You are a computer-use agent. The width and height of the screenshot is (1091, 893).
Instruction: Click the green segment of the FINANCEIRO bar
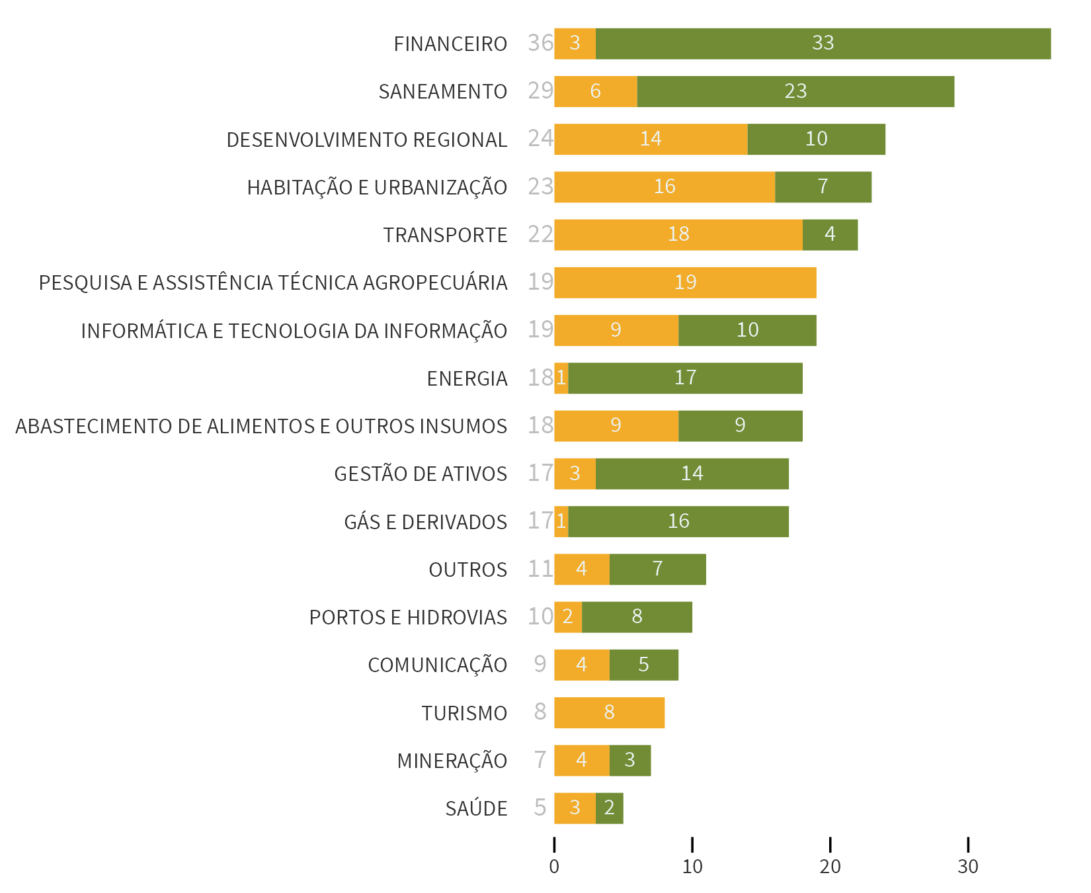point(823,44)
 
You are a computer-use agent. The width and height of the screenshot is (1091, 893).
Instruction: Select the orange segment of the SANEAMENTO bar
point(595,91)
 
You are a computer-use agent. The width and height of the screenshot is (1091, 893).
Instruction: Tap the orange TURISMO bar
point(609,713)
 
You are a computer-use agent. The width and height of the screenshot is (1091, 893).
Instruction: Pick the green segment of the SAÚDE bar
point(609,808)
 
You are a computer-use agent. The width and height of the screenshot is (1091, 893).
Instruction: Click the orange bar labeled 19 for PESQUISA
point(685,282)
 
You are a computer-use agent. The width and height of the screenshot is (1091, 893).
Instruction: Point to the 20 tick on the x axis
point(830,867)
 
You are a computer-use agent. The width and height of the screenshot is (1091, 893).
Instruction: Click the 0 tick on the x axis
point(554,867)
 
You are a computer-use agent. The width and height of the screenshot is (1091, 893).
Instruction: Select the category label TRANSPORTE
point(445,235)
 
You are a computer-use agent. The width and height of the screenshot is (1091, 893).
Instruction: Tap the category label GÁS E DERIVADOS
point(425,522)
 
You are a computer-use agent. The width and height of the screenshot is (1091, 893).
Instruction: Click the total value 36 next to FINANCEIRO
point(540,43)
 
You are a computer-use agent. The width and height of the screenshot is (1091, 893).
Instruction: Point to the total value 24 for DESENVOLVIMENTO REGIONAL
point(540,138)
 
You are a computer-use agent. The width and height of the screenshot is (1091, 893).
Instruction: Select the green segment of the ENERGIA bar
point(685,378)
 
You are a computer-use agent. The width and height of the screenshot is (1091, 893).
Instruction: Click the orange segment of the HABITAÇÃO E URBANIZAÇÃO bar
point(664,187)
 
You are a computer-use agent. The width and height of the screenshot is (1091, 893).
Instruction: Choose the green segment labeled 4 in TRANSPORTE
point(830,235)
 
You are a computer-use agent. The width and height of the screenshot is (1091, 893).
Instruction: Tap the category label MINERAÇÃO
point(452,761)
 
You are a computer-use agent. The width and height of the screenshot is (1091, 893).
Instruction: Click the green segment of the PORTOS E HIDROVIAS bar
point(637,617)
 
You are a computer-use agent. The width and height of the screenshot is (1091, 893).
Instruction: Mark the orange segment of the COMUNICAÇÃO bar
point(581,665)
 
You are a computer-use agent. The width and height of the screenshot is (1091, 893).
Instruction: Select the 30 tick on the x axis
point(968,867)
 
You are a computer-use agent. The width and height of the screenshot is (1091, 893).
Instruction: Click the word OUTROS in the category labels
point(467,570)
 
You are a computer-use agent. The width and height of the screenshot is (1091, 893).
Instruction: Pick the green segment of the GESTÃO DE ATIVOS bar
point(692,474)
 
